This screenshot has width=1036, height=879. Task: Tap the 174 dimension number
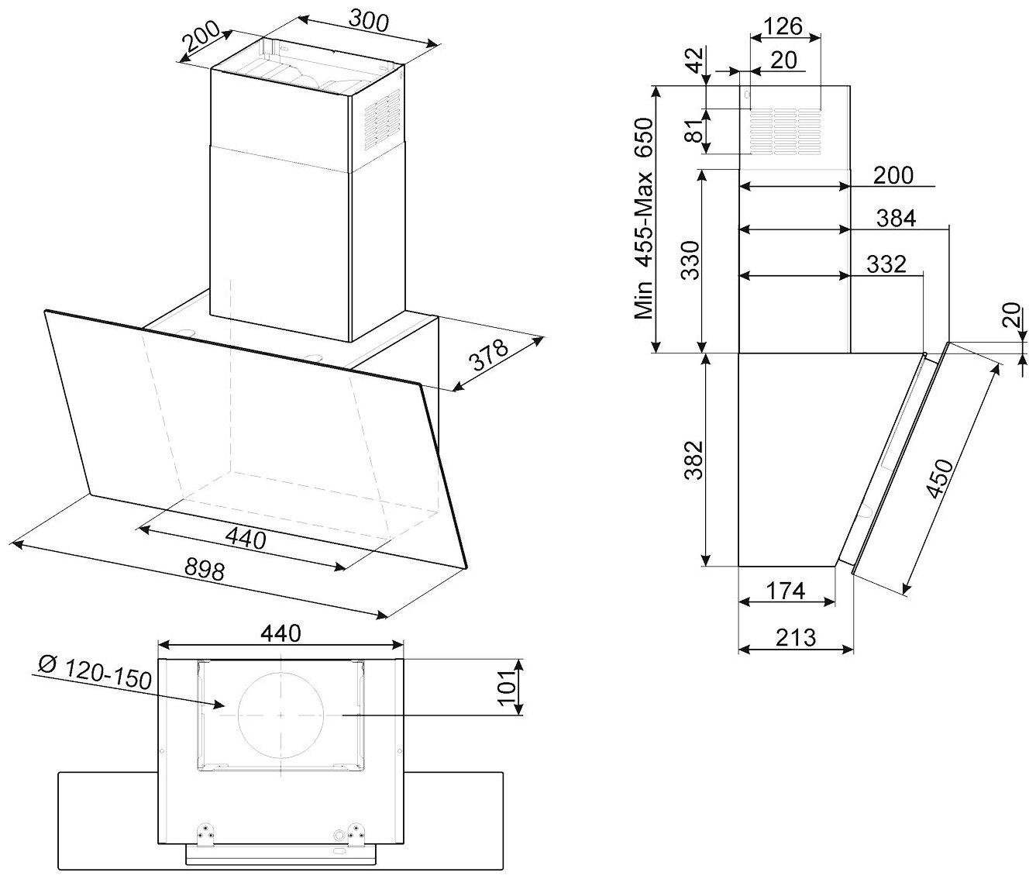(785, 591)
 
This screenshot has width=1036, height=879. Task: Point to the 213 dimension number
(795, 637)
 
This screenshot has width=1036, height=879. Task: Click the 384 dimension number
(896, 219)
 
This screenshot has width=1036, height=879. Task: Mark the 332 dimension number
(886, 264)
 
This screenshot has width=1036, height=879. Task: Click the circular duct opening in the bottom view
(281, 715)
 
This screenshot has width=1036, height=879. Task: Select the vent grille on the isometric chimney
(382, 118)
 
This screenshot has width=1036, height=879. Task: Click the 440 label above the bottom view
(280, 633)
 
